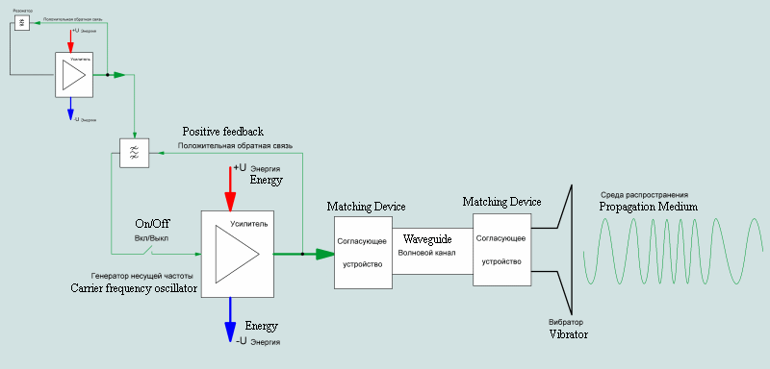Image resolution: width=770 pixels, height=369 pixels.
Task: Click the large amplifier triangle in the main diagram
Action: click(236, 255)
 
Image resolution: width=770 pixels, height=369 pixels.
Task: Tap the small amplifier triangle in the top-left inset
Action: click(73, 75)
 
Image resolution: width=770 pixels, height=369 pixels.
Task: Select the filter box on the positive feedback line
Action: click(134, 153)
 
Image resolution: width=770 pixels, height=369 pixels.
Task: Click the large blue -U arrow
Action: click(229, 315)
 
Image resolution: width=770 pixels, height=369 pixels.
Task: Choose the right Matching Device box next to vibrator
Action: click(501, 249)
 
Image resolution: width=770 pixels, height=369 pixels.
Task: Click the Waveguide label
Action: click(427, 238)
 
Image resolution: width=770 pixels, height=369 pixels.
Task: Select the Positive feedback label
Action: click(222, 132)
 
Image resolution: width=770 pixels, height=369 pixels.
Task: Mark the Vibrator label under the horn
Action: click(568, 334)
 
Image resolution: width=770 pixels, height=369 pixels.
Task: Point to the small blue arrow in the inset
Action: click(70, 111)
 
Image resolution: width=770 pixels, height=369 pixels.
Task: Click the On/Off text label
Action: click(152, 223)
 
